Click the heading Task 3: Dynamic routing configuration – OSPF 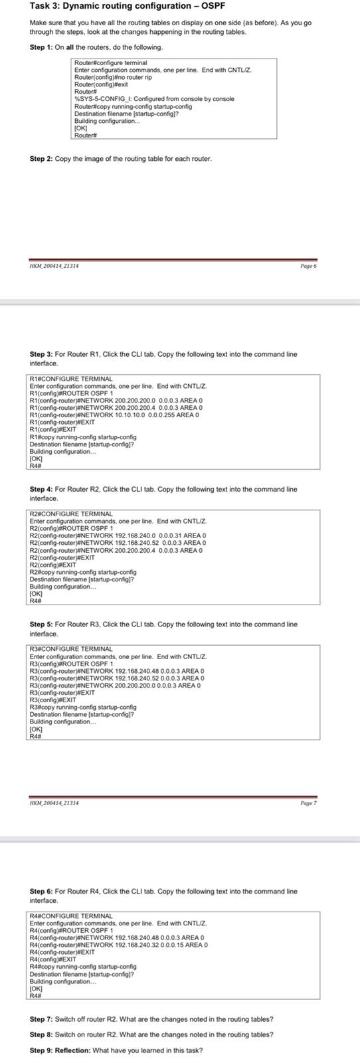(128, 6)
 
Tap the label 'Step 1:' (41, 47)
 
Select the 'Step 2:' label (41, 159)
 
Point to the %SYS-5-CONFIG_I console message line (154, 99)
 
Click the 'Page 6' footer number (308, 266)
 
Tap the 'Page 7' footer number (308, 803)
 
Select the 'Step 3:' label (41, 354)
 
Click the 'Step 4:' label (41, 489)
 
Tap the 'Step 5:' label (41, 625)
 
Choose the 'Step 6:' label (41, 892)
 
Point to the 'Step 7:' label (41, 1019)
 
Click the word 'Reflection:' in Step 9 (73, 1050)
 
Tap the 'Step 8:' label (41, 1034)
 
